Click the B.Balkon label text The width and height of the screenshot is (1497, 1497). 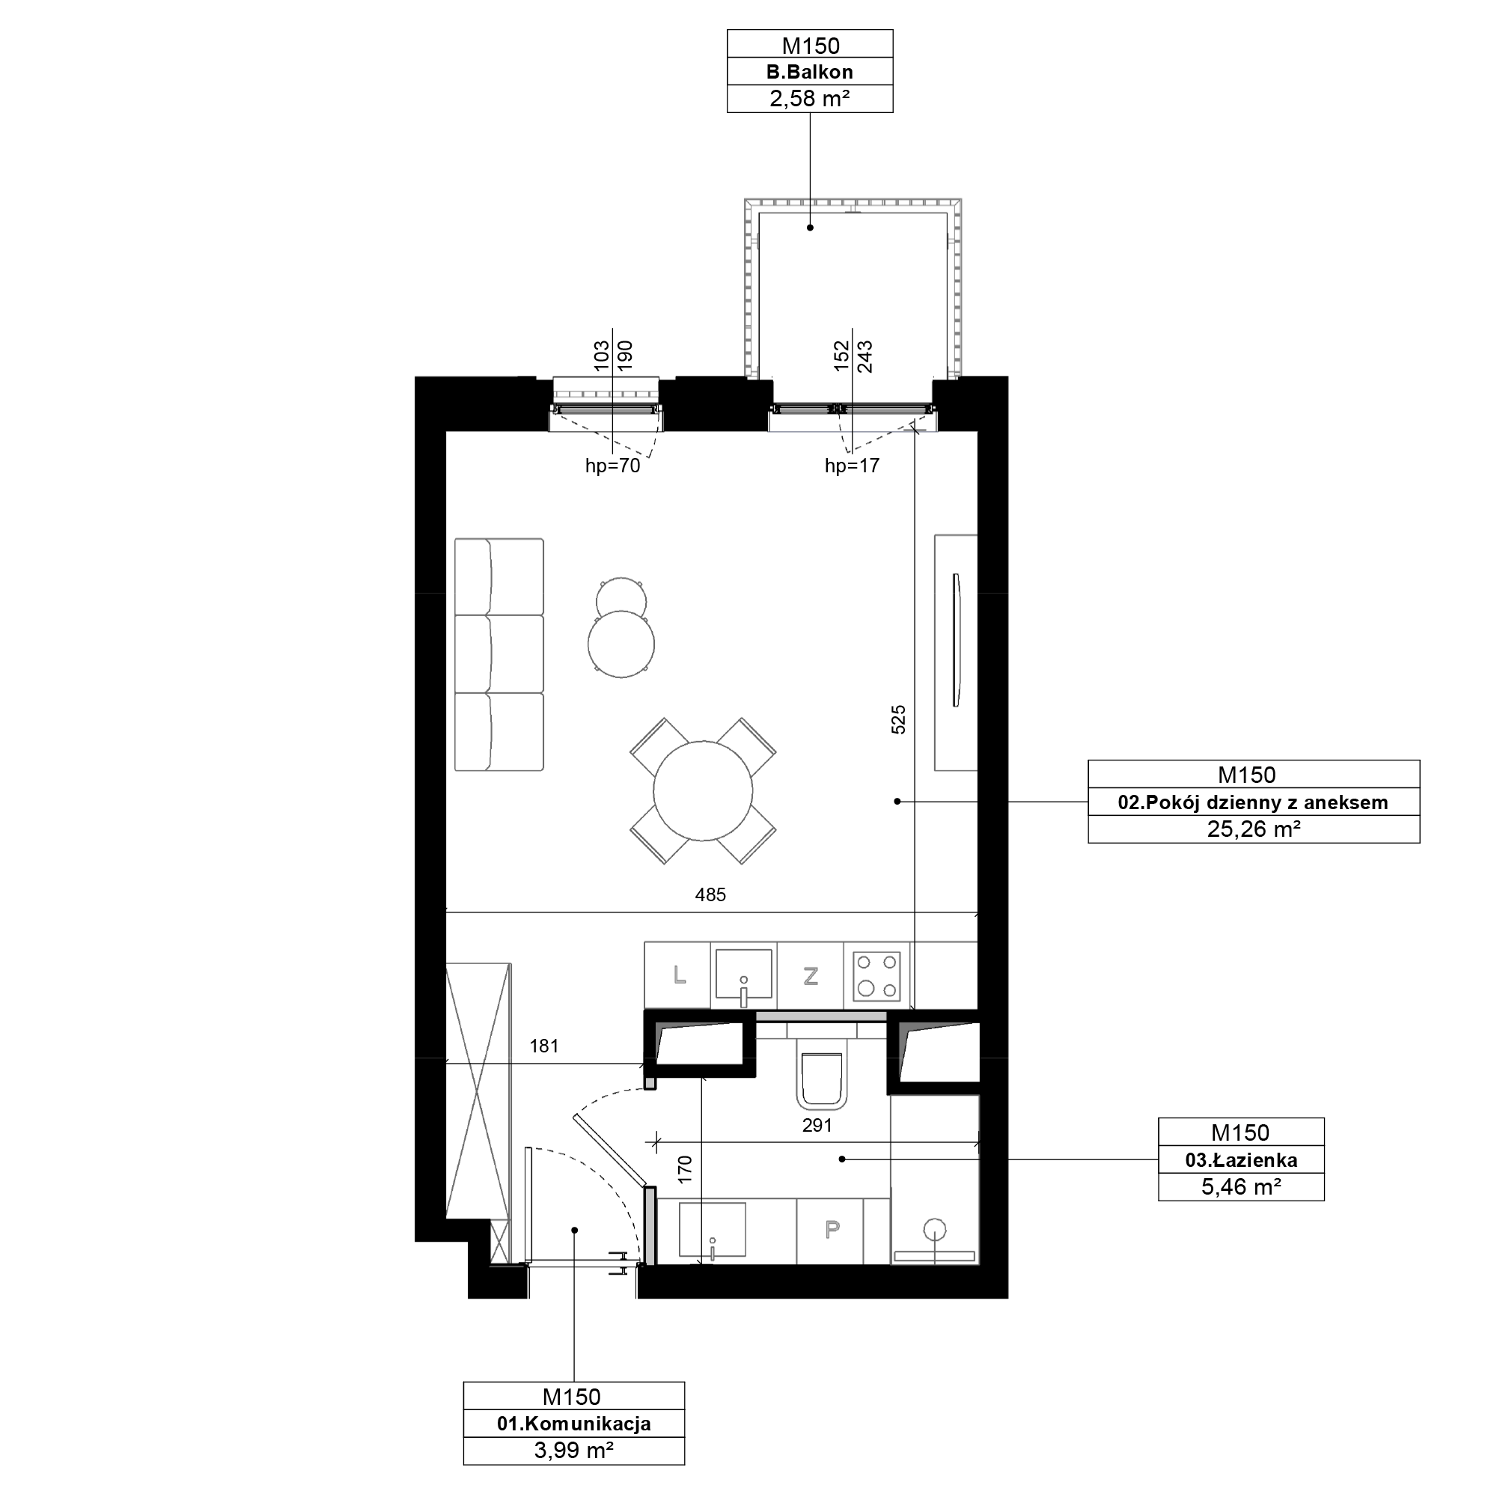810,72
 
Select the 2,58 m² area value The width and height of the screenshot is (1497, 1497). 810,98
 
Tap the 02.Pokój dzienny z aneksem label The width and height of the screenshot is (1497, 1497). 1253,802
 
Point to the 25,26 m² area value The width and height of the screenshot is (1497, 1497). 1253,829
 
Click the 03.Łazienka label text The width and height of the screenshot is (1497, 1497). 1241,1161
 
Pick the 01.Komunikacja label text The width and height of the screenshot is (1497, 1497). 573,1424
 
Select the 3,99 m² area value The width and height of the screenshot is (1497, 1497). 573,1450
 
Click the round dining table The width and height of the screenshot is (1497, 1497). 703,790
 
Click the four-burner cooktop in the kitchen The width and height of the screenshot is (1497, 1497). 877,975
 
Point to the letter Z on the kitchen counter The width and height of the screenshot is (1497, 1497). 811,975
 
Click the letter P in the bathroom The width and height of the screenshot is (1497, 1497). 832,1229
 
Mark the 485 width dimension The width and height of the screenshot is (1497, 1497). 710,895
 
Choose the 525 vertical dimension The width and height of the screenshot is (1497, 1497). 898,719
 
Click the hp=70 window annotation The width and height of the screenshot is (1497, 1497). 612,466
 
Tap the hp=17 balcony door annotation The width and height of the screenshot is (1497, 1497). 853,466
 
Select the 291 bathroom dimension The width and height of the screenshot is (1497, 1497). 817,1125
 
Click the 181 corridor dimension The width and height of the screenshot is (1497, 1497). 544,1046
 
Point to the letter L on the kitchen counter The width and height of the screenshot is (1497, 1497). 680,975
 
